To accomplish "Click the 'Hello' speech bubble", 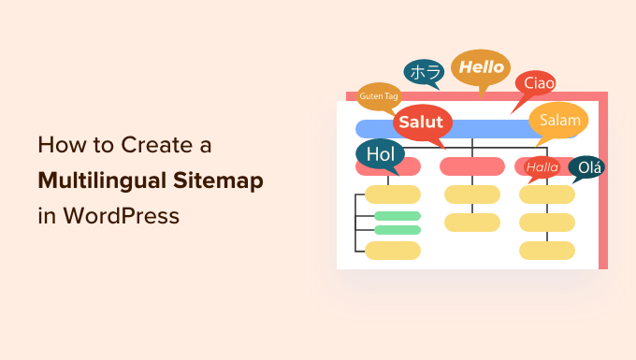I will pyautogui.click(x=481, y=68).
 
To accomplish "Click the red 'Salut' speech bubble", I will pyautogui.click(x=421, y=122).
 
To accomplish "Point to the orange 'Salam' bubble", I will pyautogui.click(x=559, y=121).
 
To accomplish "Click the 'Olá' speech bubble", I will pyautogui.click(x=586, y=167).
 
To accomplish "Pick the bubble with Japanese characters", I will pyautogui.click(x=424, y=73).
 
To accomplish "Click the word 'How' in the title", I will pyautogui.click(x=56, y=146).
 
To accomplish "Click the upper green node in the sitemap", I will pyautogui.click(x=397, y=216).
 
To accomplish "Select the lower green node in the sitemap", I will pyautogui.click(x=397, y=230).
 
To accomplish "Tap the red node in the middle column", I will pyautogui.click(x=472, y=167).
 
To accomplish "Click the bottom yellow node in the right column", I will pyautogui.click(x=547, y=251).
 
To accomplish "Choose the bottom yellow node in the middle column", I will pyautogui.click(x=472, y=223).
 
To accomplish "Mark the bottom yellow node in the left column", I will pyautogui.click(x=393, y=251).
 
